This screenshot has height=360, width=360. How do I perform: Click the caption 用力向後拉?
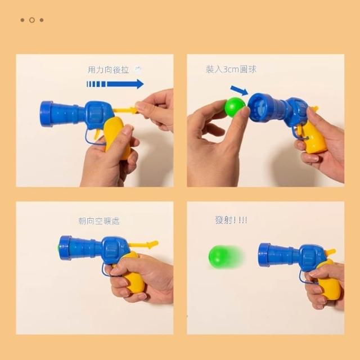click(109, 70)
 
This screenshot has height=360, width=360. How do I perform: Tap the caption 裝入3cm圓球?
click(231, 69)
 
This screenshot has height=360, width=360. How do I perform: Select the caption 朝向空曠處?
click(99, 221)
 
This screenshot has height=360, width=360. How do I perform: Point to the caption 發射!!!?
click(231, 220)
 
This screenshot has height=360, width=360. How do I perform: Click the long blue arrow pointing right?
click(115, 84)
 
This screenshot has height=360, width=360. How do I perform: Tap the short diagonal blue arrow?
click(239, 91)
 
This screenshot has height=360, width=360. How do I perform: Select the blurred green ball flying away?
click(224, 256)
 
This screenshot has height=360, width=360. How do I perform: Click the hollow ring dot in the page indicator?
click(32, 20)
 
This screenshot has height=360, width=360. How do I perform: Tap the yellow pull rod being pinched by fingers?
click(125, 110)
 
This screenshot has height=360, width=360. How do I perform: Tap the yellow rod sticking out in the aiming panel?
click(144, 244)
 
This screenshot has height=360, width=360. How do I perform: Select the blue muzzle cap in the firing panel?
click(264, 255)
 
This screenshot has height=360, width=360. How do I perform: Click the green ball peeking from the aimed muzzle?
click(58, 248)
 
